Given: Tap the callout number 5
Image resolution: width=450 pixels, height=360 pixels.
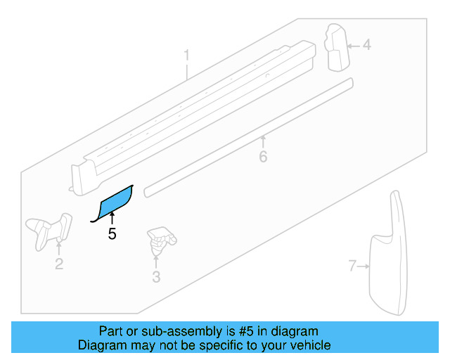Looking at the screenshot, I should point(112,234).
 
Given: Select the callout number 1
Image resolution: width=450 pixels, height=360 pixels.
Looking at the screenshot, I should point(187,55).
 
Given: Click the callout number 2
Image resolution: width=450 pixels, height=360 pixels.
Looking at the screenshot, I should point(59,264).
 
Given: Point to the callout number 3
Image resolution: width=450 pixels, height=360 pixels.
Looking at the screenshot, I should point(156,277).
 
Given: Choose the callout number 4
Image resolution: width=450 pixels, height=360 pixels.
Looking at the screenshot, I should point(366,45).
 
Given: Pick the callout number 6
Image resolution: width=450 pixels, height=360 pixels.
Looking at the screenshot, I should point(263,156).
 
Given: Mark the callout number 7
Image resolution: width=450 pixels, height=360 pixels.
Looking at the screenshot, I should point(352,266).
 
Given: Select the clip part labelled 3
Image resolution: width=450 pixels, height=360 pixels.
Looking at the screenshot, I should point(160,240).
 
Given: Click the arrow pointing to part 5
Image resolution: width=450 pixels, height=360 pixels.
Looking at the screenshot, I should point(112,219).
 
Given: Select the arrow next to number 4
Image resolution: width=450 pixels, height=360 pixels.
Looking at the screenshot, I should point(353,45).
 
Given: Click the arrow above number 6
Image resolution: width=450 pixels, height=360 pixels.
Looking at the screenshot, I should point(263,142).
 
